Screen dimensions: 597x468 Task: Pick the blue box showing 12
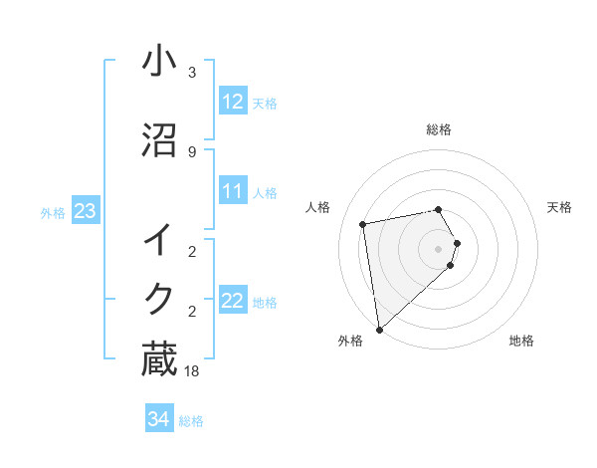tap(233, 103)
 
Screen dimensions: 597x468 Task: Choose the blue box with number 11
tap(233, 192)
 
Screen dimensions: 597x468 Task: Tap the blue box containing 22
tap(233, 302)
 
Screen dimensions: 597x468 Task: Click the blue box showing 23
tap(85, 211)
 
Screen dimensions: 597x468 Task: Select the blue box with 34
tap(158, 420)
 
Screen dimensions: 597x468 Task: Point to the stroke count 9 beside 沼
tap(191, 152)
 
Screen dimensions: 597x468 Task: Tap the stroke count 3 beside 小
tap(191, 73)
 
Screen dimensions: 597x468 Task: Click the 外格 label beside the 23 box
tap(52, 212)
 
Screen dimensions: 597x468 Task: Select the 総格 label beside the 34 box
tap(191, 421)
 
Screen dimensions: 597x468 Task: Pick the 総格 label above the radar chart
tap(439, 129)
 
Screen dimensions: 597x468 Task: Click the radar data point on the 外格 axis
tap(379, 329)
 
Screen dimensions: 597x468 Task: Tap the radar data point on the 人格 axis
tap(363, 224)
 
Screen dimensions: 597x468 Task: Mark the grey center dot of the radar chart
tap(439, 248)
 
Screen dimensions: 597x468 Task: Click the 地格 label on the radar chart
tap(521, 342)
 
